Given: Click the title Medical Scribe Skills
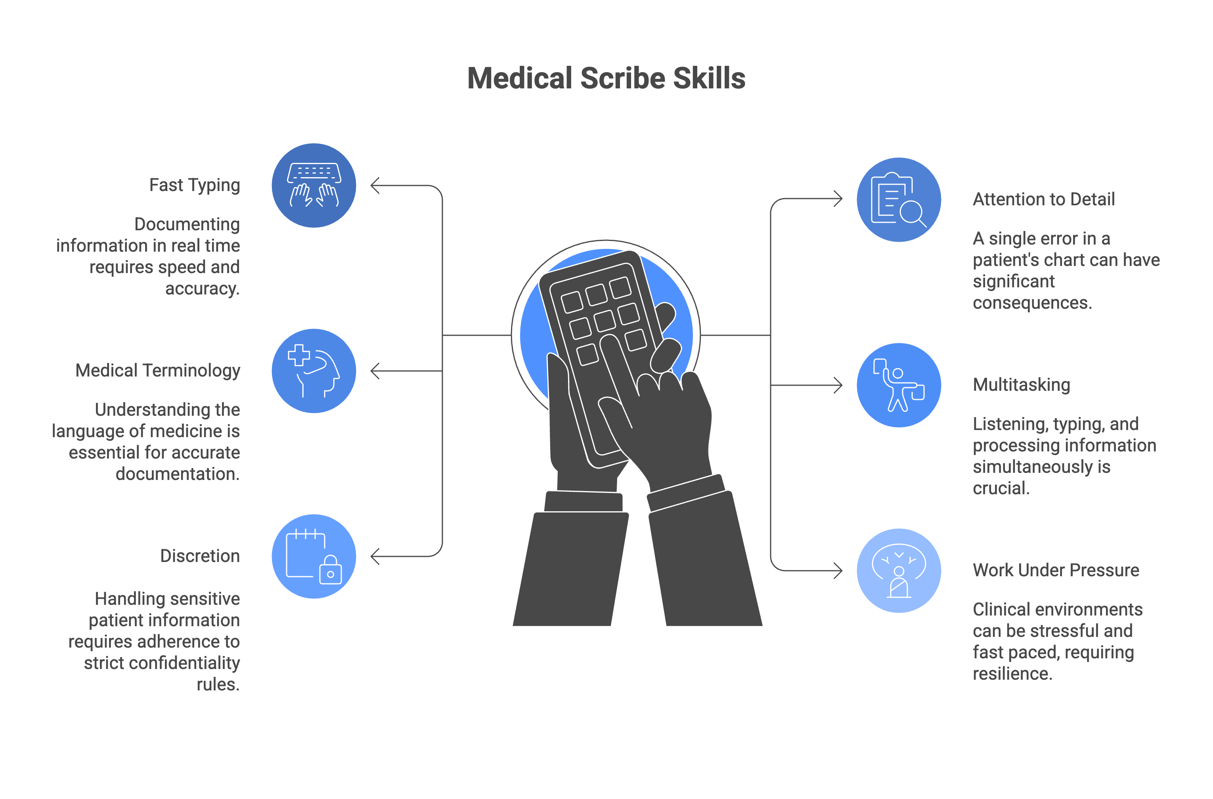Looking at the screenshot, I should pyautogui.click(x=606, y=78).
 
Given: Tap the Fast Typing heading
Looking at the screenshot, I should pyautogui.click(x=194, y=185).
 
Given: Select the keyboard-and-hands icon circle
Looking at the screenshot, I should pyautogui.click(x=314, y=185).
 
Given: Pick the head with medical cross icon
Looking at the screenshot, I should pyautogui.click(x=314, y=371).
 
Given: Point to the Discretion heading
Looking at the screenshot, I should pyautogui.click(x=200, y=556).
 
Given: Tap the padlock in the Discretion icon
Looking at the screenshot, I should pyautogui.click(x=330, y=570).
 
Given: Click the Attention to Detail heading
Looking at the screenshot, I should pyautogui.click(x=1043, y=199).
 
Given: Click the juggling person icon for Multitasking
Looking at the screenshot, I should pyautogui.click(x=899, y=385).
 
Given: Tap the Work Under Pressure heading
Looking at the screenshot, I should pyautogui.click(x=1056, y=570).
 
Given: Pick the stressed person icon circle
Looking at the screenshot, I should pyautogui.click(x=899, y=571).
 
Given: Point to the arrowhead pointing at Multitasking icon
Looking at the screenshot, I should pyautogui.click(x=837, y=385).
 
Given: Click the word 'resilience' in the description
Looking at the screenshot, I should pyautogui.click(x=1012, y=674).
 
